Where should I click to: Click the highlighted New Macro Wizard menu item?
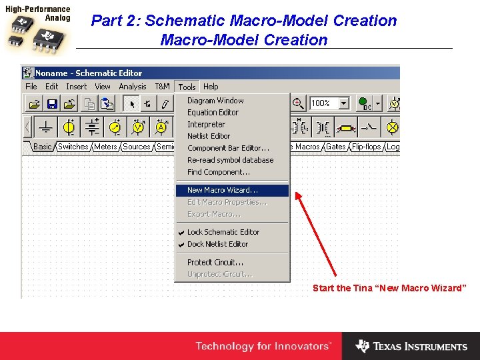click(x=223, y=191)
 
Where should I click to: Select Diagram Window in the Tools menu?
click(x=215, y=101)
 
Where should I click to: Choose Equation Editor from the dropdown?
click(x=213, y=113)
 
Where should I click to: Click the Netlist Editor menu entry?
click(x=208, y=136)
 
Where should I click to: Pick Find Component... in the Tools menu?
click(x=218, y=172)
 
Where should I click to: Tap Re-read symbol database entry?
click(x=230, y=160)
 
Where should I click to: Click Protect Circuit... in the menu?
click(x=215, y=263)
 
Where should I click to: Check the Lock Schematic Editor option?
click(x=223, y=232)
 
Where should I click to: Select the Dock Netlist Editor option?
click(x=217, y=244)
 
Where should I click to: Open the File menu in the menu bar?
click(x=31, y=87)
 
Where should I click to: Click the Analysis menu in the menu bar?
click(x=133, y=87)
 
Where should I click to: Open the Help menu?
click(x=211, y=87)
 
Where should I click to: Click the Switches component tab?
click(x=73, y=147)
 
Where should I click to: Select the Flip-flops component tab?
click(x=367, y=147)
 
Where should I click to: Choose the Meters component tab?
click(x=105, y=147)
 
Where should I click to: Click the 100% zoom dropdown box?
click(x=329, y=103)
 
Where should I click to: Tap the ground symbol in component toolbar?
click(x=45, y=127)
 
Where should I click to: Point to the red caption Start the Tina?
click(x=389, y=288)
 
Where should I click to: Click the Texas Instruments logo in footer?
click(x=411, y=346)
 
